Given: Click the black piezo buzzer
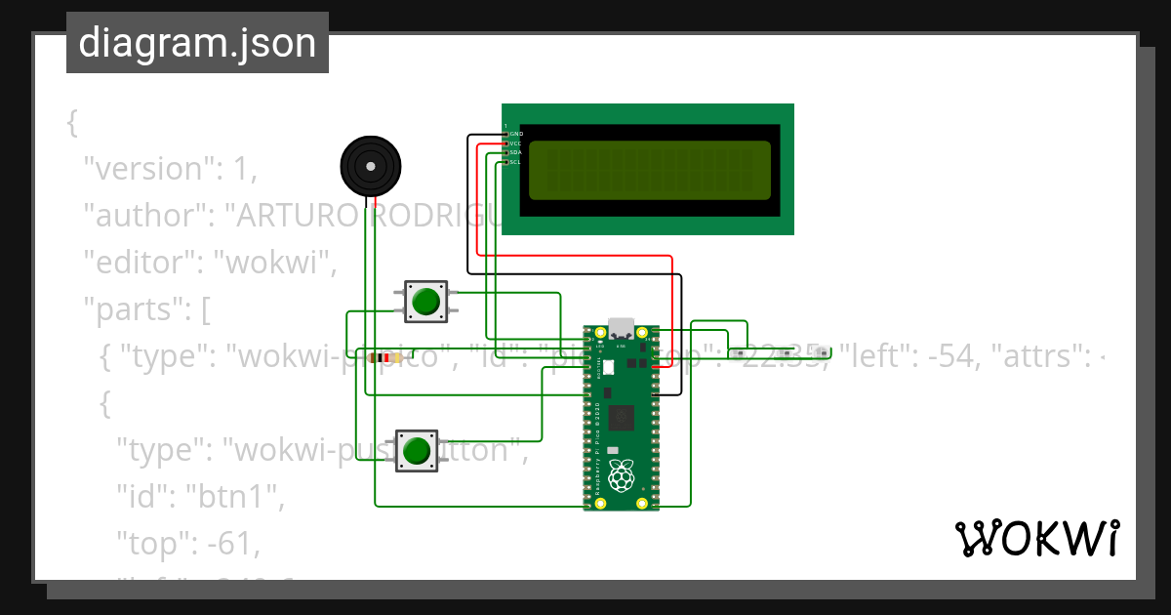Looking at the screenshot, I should point(371,166).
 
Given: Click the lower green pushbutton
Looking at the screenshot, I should point(417,451).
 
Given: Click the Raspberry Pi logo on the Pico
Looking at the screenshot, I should point(621,477).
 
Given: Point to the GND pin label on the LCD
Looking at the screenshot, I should point(515,134).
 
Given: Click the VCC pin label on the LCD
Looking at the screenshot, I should point(515,143).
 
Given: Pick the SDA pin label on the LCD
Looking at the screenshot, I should point(515,153).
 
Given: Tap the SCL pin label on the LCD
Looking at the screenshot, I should point(515,162).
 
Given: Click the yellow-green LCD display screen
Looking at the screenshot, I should point(649,170).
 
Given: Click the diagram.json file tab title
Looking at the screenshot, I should point(197,43).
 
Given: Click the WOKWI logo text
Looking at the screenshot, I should point(1036,538).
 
